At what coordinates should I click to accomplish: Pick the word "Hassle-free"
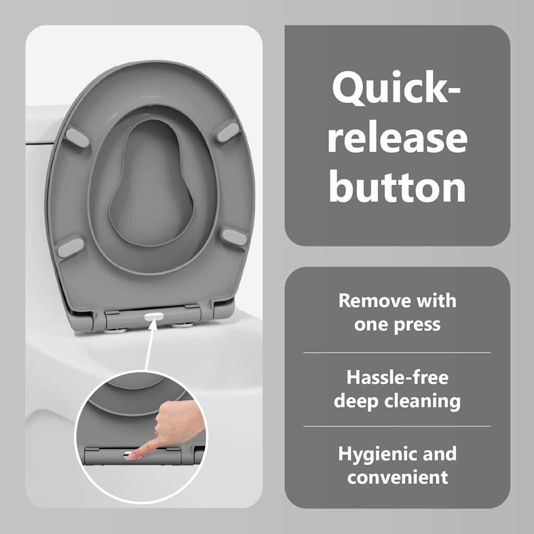397,378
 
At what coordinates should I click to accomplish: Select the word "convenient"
397,477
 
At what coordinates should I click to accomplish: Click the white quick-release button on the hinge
154,317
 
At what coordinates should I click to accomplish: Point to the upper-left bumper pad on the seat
77,138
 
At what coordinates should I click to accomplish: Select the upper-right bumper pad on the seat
228,132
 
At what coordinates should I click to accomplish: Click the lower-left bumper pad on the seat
70,248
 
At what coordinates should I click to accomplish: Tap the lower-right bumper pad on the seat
234,237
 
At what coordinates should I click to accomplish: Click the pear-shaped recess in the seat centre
152,184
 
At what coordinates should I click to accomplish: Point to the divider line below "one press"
397,353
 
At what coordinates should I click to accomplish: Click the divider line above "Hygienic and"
397,426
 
